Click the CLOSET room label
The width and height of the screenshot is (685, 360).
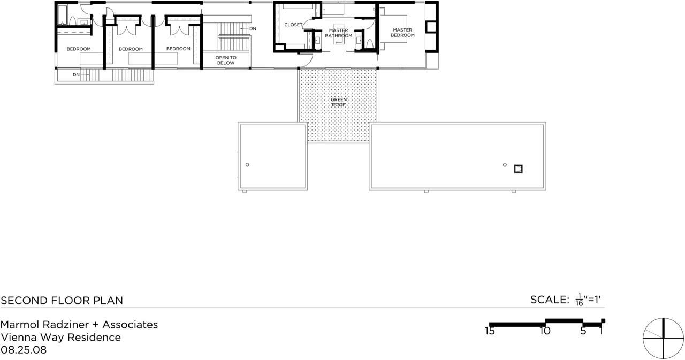(293, 25)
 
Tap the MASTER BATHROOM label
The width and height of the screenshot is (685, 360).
(339, 33)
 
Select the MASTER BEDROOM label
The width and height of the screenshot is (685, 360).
(402, 33)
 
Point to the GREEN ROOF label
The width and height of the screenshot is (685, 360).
(339, 102)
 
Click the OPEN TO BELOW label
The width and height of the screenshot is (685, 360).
(226, 60)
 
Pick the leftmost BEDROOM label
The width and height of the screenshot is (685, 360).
(79, 49)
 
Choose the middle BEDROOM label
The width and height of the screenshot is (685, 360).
(131, 49)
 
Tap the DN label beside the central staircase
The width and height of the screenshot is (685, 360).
(253, 29)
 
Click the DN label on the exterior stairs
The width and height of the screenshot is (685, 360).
(76, 75)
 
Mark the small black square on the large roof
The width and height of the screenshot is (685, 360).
(519, 169)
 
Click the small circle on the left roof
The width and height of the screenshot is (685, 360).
(247, 165)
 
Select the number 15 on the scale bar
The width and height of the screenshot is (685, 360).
(490, 331)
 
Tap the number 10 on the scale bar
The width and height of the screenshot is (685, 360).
(545, 331)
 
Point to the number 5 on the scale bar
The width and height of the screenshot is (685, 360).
(583, 331)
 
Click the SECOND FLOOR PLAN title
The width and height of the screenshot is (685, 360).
(62, 301)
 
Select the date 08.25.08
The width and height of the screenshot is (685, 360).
(24, 350)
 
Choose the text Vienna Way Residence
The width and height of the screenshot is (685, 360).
(61, 338)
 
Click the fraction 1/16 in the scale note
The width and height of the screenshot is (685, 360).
(579, 300)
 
